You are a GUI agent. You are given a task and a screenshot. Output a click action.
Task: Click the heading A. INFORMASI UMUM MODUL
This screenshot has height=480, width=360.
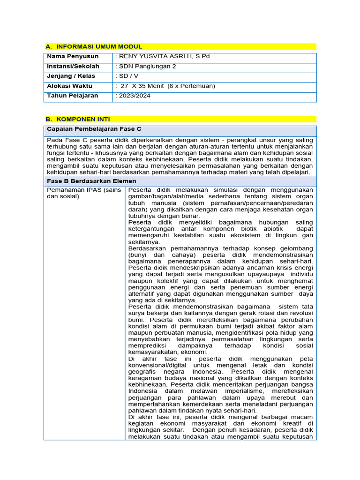click(x=93, y=46)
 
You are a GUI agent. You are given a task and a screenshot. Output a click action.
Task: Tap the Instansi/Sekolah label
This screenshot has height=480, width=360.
click(x=73, y=66)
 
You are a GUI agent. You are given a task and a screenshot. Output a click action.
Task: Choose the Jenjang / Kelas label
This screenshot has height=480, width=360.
click(x=71, y=76)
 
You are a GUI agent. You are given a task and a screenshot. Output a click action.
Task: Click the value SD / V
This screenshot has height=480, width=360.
click(x=127, y=76)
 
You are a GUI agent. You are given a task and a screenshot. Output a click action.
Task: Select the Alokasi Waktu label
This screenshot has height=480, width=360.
click(x=69, y=86)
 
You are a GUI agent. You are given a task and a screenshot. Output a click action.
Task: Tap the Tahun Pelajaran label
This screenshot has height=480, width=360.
click(x=72, y=96)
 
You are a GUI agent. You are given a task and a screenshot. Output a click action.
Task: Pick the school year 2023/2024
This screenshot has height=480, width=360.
click(x=132, y=96)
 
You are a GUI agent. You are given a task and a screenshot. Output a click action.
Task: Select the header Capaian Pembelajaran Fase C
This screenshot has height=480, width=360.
click(x=94, y=128)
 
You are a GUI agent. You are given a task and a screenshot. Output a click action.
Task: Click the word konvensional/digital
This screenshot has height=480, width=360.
click(x=158, y=365)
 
